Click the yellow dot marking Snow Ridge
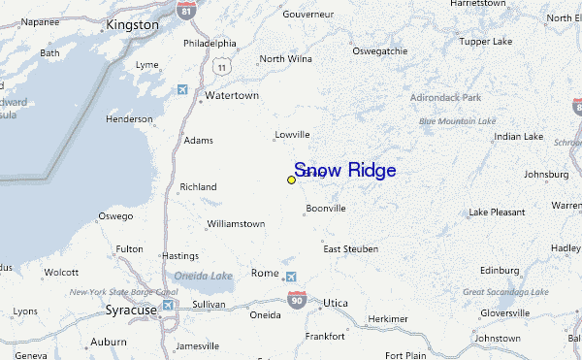coord(291,180)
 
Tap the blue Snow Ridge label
coord(344,171)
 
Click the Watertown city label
coord(232,96)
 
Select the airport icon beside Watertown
coord(181,90)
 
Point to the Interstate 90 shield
coord(298,300)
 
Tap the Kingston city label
coord(133,23)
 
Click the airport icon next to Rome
coord(292,278)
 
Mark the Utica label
coord(336,304)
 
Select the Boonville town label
coord(326,208)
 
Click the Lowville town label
coord(292,134)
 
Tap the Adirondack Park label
coord(445,98)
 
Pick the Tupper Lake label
coord(486,43)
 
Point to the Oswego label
coord(116,215)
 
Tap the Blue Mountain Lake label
coord(457,121)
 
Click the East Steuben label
coord(350,249)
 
